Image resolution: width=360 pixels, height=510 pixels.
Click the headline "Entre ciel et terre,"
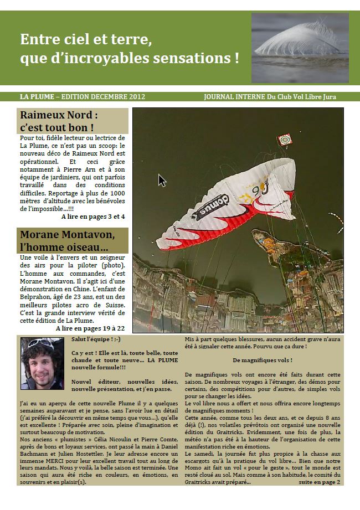tap(86, 40)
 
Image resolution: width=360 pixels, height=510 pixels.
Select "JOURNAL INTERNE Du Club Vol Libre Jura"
tap(270, 97)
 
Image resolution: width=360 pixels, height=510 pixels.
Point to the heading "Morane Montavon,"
tap(68, 234)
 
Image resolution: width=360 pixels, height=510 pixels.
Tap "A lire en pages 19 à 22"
tap(90, 328)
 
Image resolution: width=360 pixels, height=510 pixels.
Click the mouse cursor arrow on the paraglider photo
tap(162, 180)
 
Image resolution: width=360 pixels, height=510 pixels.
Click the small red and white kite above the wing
tap(284, 139)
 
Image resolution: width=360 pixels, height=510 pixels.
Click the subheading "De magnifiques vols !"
tap(263, 360)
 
